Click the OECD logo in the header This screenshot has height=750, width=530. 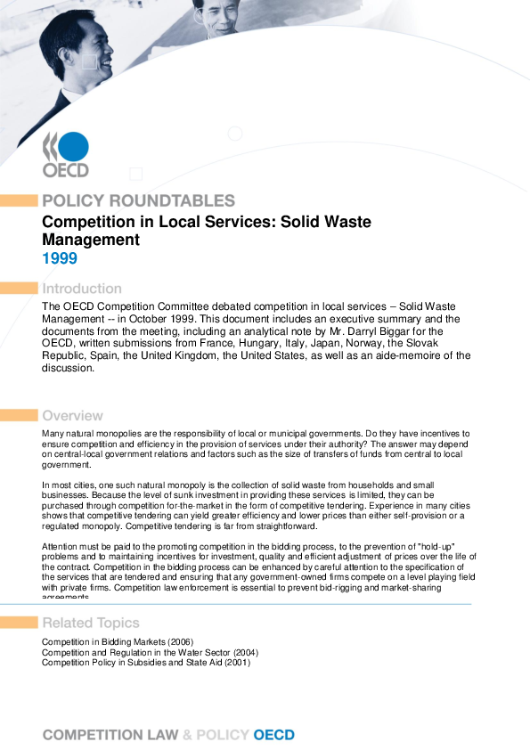point(66,153)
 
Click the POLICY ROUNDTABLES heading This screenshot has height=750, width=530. point(138,200)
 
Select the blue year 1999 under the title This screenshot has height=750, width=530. point(60,259)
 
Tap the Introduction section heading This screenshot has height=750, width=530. point(82,289)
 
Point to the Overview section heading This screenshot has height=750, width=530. point(72,415)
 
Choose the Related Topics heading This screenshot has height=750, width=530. point(91,622)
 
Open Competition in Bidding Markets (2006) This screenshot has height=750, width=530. point(118,642)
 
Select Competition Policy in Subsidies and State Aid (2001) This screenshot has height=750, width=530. point(146,662)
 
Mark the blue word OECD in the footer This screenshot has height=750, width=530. point(274,735)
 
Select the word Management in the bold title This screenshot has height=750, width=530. point(91,240)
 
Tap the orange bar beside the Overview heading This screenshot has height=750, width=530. point(18,415)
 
